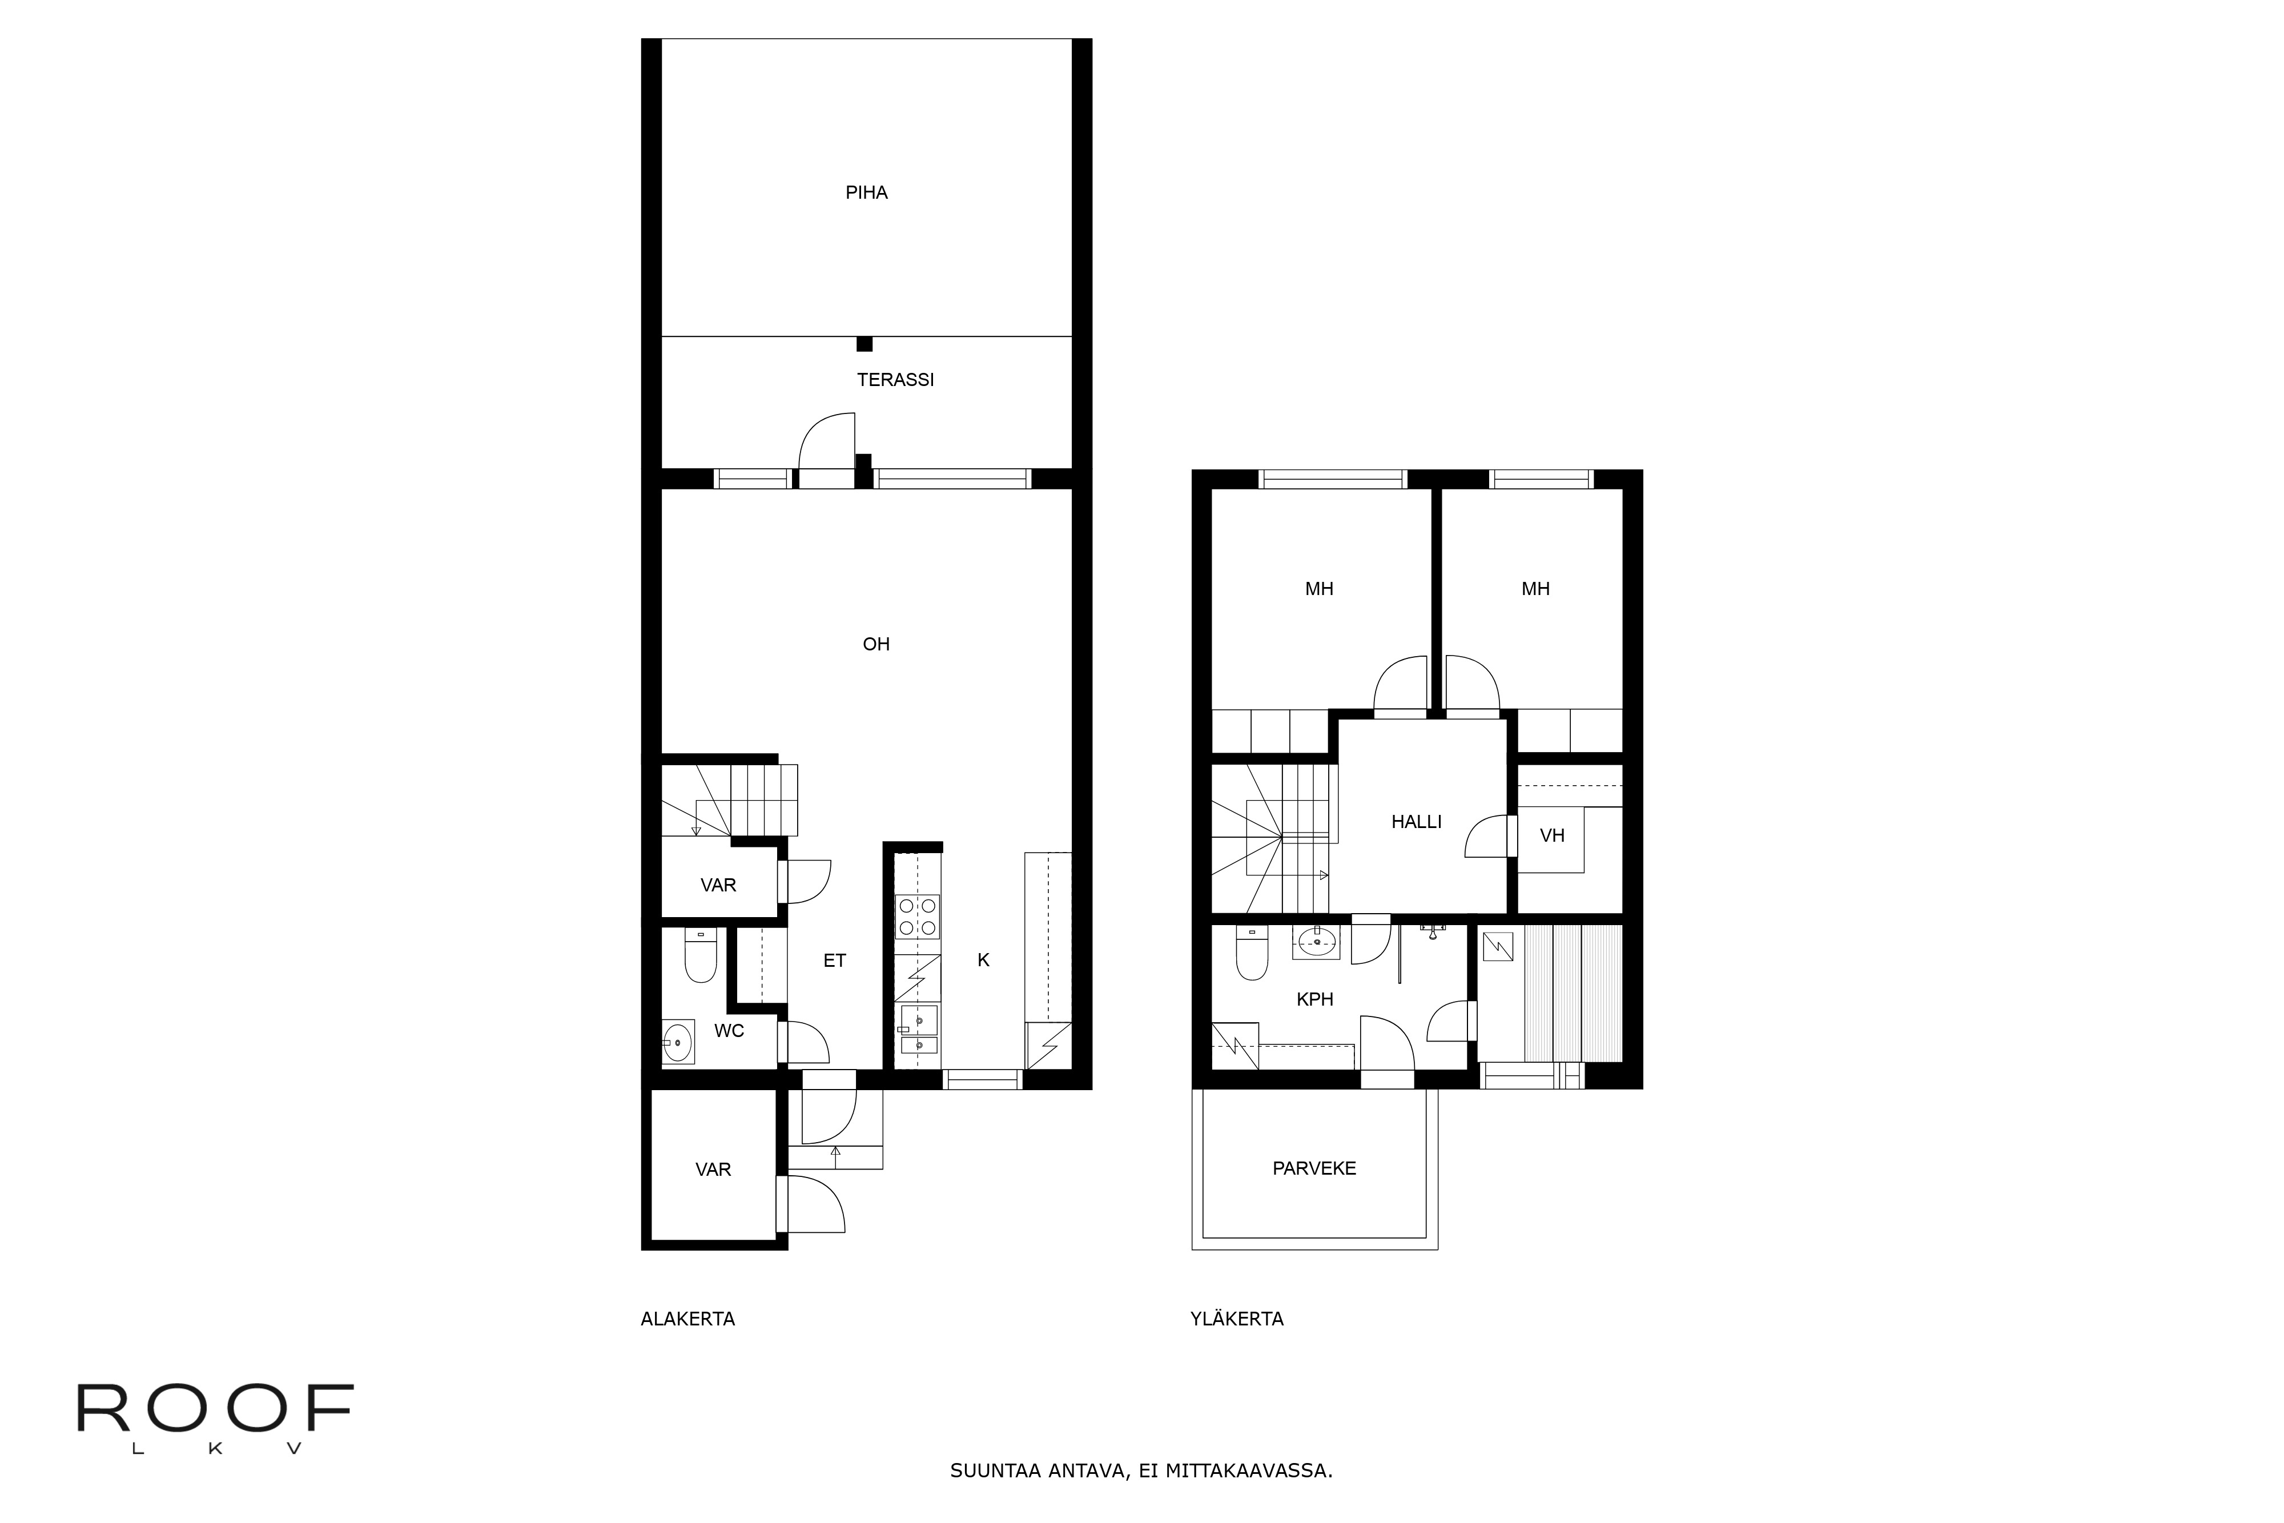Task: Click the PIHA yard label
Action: click(x=866, y=192)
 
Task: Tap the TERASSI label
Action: click(x=895, y=380)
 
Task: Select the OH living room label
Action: click(x=876, y=644)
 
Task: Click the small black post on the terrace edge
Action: click(x=864, y=344)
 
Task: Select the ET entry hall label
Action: click(x=834, y=961)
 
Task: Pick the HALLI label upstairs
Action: click(x=1416, y=822)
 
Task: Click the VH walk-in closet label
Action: click(x=1552, y=835)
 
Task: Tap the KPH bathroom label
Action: click(x=1315, y=999)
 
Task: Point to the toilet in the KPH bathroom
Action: click(x=1252, y=954)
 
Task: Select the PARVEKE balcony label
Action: click(x=1314, y=1168)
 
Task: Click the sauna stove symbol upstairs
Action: click(x=1498, y=946)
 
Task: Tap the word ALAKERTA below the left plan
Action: click(x=687, y=1319)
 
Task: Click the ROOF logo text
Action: click(x=215, y=1408)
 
